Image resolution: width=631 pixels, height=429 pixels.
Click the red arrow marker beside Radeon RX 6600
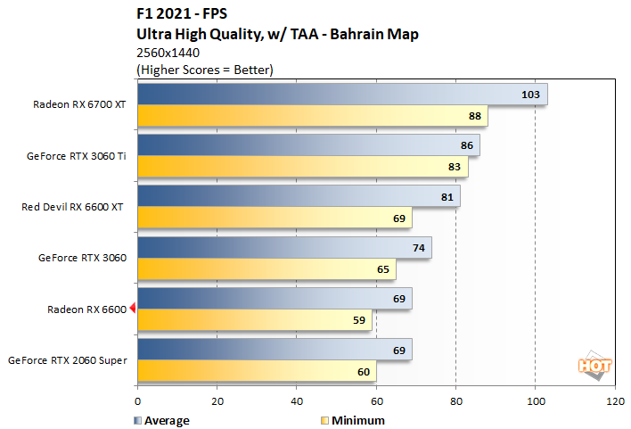pyautogui.click(x=132, y=309)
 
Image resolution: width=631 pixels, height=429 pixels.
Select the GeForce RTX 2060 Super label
pyautogui.click(x=67, y=360)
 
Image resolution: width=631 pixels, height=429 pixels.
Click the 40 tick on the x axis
pyautogui.click(x=297, y=402)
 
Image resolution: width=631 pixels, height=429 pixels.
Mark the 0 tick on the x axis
pyautogui.click(x=137, y=402)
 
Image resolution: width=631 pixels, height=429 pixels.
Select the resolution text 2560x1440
pyautogui.click(x=168, y=53)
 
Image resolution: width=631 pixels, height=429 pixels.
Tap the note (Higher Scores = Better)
pyautogui.click(x=204, y=69)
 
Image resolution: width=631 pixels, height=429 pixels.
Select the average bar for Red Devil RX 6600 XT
pyautogui.click(x=299, y=196)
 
